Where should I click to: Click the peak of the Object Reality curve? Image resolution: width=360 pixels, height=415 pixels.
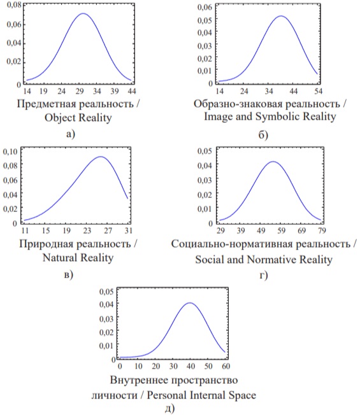point(83,13)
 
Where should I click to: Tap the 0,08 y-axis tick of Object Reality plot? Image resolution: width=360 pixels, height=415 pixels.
point(14,5)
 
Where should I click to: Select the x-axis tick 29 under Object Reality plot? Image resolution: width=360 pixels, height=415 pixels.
point(80,91)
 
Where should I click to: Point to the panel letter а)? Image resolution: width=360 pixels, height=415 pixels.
point(71,134)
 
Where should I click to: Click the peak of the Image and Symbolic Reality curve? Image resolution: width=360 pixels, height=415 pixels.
point(281,16)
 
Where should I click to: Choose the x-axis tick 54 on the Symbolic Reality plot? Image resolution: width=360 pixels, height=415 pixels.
point(318,91)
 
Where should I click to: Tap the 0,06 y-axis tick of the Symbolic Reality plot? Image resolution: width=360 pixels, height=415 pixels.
point(205,7)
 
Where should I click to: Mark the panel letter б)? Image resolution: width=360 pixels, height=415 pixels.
point(263,134)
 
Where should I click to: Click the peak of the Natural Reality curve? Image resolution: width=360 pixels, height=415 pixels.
point(101,157)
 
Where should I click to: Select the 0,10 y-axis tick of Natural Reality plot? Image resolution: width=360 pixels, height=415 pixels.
point(10,151)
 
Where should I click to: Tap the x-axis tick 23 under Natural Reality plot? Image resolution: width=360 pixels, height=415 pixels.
point(87,230)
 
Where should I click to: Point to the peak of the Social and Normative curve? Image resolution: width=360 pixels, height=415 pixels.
point(273,162)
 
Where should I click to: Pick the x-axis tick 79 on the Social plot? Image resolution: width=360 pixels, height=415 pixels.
point(322,230)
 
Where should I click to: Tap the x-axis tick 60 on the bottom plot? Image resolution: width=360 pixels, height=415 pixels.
point(226,366)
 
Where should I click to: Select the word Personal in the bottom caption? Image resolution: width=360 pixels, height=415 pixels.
point(167,395)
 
